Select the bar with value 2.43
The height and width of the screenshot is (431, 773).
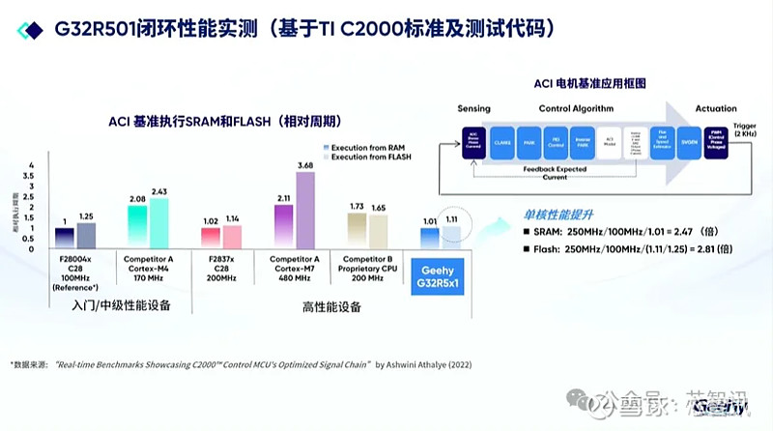coord(158,223)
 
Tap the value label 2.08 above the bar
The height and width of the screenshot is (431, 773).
coord(136,198)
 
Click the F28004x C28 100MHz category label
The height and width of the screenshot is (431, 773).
coord(78,272)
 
